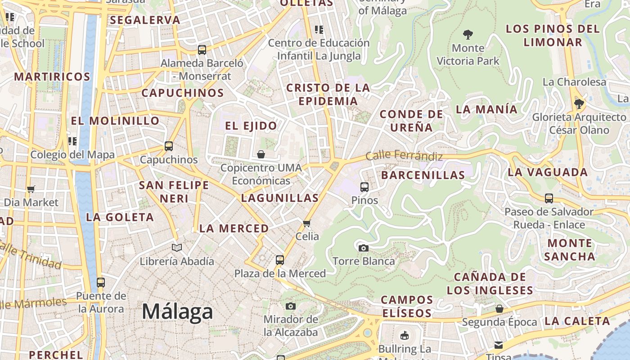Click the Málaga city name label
tap(177, 311)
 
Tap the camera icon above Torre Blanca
tap(363, 248)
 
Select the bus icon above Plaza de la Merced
tap(280, 260)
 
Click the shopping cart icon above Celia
tap(307, 223)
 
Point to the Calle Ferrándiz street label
tap(404, 156)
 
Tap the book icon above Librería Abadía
tap(177, 247)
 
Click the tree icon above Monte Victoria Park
tap(468, 34)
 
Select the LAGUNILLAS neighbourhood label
tap(280, 198)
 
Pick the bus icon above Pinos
tap(364, 187)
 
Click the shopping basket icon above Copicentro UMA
tap(261, 154)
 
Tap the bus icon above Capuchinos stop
tap(169, 146)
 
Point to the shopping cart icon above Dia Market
tap(31, 189)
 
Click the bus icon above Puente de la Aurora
tap(101, 283)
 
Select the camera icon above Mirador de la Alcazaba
tap(291, 306)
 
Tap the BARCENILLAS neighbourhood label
tap(423, 175)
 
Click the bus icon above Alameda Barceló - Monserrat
tap(202, 49)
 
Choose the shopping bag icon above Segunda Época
tap(499, 309)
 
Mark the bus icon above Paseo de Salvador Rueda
tap(549, 198)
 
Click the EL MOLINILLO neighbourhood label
tap(115, 121)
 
